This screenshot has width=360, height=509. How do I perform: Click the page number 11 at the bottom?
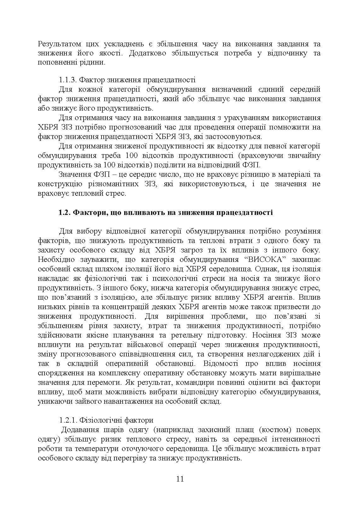(180, 479)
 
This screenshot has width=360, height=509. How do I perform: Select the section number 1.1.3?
(67, 80)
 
